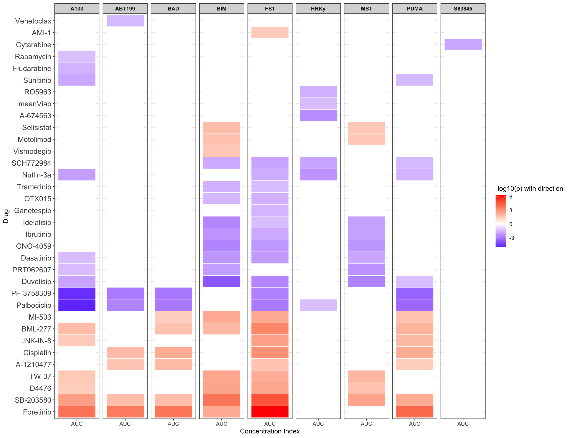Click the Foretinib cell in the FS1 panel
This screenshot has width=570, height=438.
(270, 412)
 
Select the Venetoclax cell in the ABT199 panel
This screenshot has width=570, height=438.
(125, 21)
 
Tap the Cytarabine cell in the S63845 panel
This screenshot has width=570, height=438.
(463, 44)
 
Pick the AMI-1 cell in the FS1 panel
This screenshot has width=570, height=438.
(270, 33)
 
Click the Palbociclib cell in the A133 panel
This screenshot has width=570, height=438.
(77, 305)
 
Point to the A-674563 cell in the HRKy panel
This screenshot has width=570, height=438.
(318, 115)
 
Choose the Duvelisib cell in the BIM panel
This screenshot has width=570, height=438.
(222, 281)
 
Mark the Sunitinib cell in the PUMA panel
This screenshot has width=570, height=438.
(414, 80)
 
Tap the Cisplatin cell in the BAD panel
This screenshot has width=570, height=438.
(173, 352)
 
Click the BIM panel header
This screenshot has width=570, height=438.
(222, 9)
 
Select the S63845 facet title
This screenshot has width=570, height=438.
(463, 9)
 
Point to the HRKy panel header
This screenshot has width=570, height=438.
(318, 9)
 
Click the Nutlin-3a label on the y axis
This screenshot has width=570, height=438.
(37, 175)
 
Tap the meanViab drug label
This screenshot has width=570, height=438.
(35, 104)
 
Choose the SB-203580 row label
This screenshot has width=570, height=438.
(33, 400)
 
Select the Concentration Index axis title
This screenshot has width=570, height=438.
(270, 431)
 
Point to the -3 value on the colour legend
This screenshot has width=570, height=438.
(512, 238)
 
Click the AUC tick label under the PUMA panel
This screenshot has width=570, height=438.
(414, 424)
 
